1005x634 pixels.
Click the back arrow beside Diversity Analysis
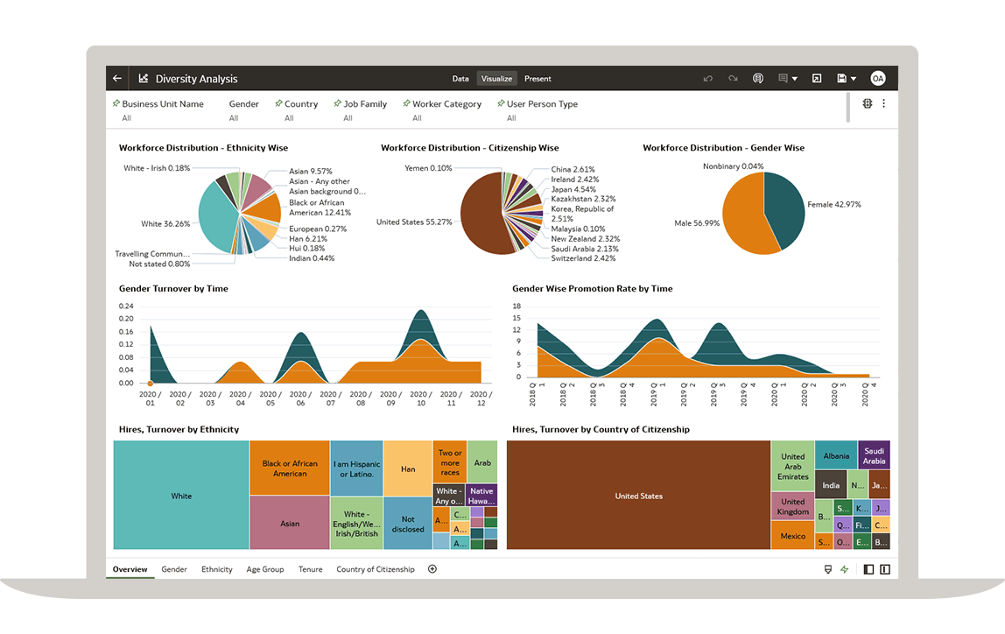tap(117, 79)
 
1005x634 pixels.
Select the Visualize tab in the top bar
tap(496, 79)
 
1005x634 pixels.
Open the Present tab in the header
tap(538, 79)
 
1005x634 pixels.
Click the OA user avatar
tap(877, 79)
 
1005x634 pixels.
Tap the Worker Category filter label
tap(446, 104)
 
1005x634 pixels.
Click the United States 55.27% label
tap(414, 222)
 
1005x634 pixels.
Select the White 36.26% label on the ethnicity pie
tap(165, 224)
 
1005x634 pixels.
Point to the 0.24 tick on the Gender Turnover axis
tap(126, 306)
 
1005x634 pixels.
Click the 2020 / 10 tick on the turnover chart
tap(420, 398)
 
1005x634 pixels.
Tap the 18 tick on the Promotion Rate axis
tap(517, 306)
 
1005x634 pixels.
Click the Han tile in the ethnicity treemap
tap(408, 469)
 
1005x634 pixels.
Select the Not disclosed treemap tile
tap(408, 524)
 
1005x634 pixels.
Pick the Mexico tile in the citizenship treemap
tap(792, 536)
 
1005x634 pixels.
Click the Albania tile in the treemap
tap(836, 456)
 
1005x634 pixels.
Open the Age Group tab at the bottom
tap(265, 569)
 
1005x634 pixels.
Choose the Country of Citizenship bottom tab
tap(376, 569)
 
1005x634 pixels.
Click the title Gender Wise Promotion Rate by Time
tap(593, 288)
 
